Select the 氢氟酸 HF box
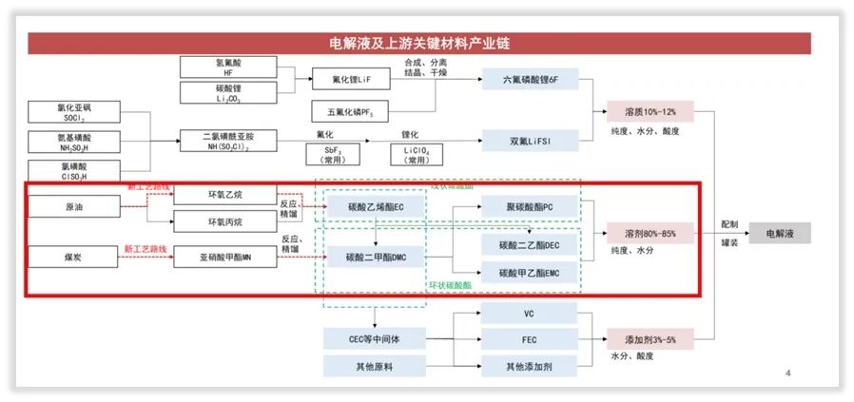pos(227,67)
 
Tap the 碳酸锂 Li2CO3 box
pos(227,92)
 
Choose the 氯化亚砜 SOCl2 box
pos(73,112)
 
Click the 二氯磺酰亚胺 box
pos(227,141)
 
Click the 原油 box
pos(73,205)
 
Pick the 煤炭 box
pos(73,257)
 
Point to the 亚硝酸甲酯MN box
pos(227,257)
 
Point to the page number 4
pos(788,371)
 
